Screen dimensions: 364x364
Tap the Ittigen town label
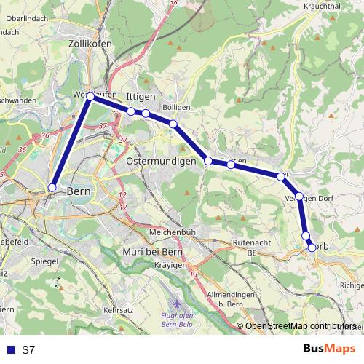(x=140, y=96)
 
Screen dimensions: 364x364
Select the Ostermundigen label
(x=162, y=161)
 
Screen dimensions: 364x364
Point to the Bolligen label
(x=176, y=108)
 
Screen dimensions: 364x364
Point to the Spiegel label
(x=44, y=260)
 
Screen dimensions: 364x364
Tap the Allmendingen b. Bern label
(x=229, y=298)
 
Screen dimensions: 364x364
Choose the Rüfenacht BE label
(x=252, y=245)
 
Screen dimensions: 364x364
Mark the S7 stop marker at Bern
(x=52, y=189)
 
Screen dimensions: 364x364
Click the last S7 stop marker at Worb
(x=312, y=248)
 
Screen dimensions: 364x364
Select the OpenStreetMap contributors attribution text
(x=301, y=326)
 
